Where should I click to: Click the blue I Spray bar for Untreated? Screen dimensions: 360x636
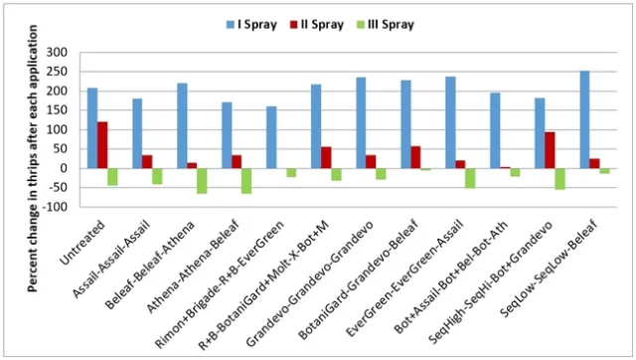[92, 128]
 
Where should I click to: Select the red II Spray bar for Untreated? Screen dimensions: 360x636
[103, 145]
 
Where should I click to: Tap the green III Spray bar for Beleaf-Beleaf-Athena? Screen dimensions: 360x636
[202, 180]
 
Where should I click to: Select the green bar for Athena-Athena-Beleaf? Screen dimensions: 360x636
[246, 180]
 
